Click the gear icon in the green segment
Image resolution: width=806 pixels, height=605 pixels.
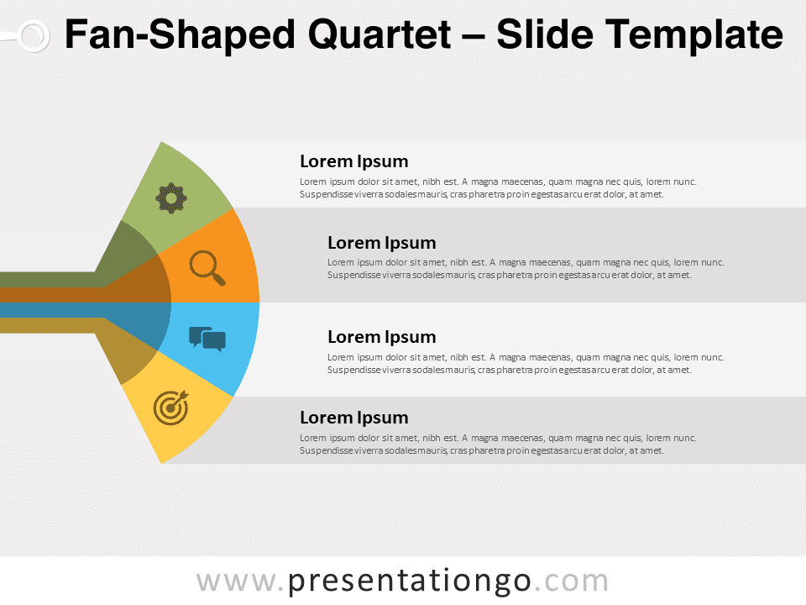point(171,198)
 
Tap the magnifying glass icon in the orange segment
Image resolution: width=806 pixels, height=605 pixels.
point(207,268)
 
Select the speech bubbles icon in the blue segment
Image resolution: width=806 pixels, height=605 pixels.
point(207,339)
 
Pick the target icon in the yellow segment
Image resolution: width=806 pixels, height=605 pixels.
point(171,408)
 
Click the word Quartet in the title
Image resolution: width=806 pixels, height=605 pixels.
point(379,34)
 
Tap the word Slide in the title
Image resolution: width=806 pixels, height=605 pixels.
point(545,34)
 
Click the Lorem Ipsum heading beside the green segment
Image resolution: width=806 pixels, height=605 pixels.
point(354,161)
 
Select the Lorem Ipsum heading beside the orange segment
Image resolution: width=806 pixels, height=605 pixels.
point(382,243)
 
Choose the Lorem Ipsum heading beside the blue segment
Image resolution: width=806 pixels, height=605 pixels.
point(382,337)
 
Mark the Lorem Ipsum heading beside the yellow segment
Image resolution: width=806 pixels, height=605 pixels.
point(354,418)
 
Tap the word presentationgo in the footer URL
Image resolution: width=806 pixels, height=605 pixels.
point(409,581)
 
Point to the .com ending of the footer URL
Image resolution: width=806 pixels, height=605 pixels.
point(572,581)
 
